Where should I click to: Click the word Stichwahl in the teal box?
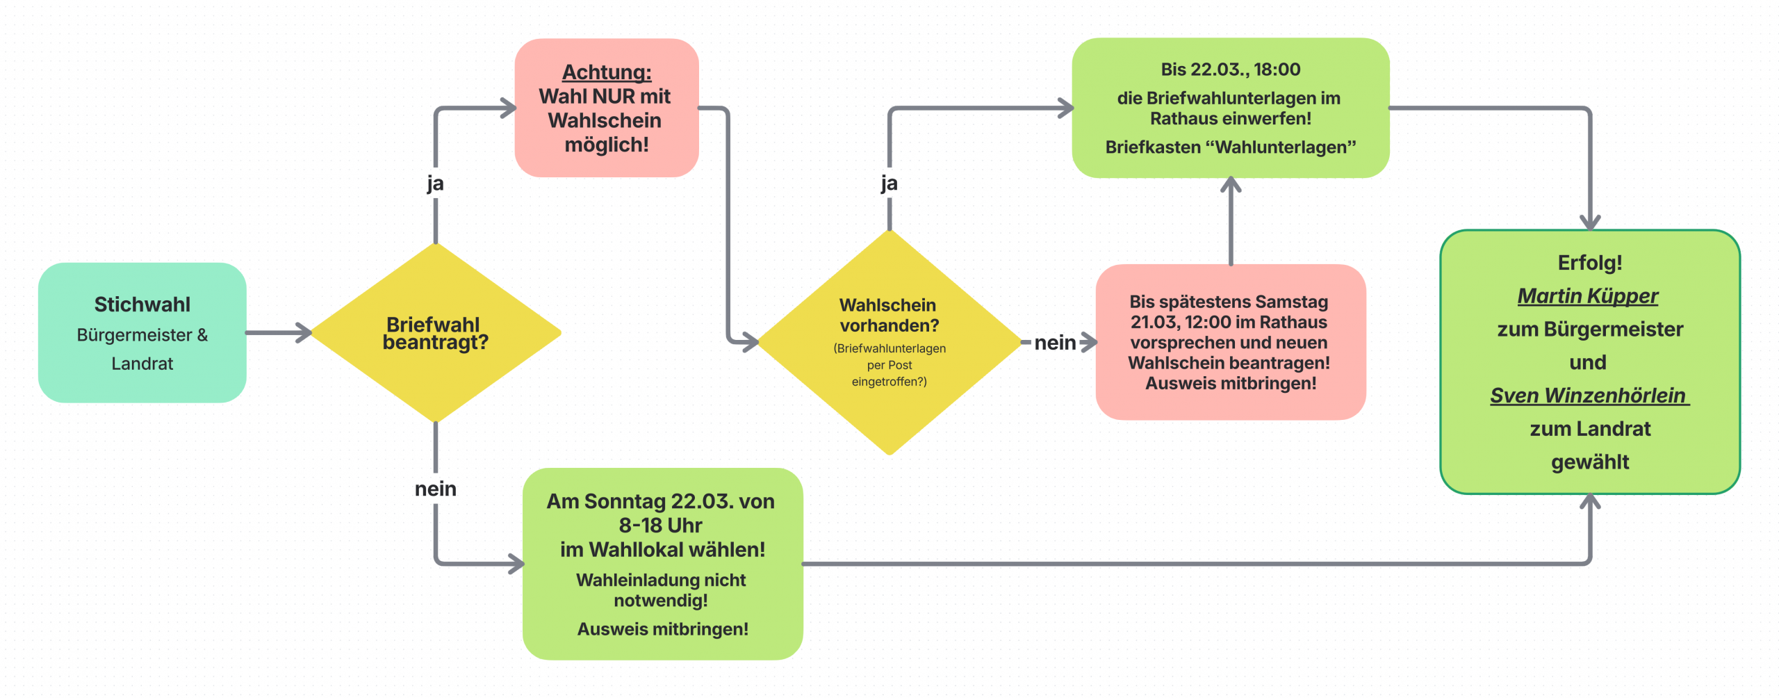coord(142,305)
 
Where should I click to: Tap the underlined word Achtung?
coord(607,72)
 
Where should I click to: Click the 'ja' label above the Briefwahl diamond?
coord(435,184)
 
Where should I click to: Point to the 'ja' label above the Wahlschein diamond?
coord(889,184)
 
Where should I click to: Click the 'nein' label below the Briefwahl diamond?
coord(436,489)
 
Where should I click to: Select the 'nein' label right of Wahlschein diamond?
coord(1055,343)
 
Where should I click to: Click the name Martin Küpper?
coord(1588,296)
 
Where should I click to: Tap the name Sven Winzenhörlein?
coord(1588,396)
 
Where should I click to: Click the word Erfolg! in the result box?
coord(1589,263)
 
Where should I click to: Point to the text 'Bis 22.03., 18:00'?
coord(1230,70)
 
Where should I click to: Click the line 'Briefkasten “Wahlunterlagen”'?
coord(1230,147)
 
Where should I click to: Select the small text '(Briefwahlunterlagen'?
coord(889,348)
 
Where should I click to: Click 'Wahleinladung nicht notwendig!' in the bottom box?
coord(661,590)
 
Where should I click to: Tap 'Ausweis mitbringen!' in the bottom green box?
coord(662,629)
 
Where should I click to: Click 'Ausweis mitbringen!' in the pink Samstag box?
coord(1231,384)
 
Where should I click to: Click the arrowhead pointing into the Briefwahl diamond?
coord(304,333)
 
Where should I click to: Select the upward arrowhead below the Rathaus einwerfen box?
coord(1231,185)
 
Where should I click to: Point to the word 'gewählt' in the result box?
coord(1590,462)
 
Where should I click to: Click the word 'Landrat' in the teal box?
coord(142,364)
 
